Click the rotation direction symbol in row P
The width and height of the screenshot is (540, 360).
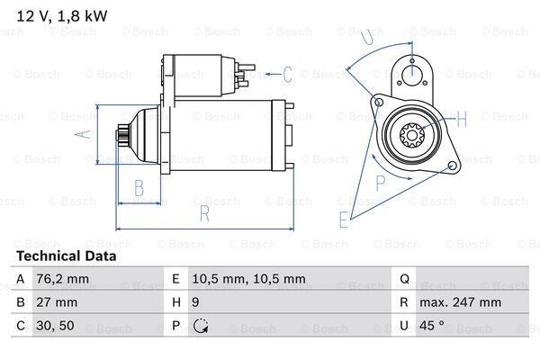[x=201, y=326]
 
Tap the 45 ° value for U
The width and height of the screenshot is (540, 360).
[x=435, y=326]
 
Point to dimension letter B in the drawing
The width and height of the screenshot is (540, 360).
[x=139, y=187]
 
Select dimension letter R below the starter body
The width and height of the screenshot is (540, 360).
[x=204, y=213]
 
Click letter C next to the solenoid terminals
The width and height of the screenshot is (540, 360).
[x=287, y=74]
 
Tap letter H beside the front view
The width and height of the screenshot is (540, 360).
[x=462, y=118]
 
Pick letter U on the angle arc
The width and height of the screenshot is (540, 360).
[x=365, y=37]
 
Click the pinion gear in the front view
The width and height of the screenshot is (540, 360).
[x=413, y=136]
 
